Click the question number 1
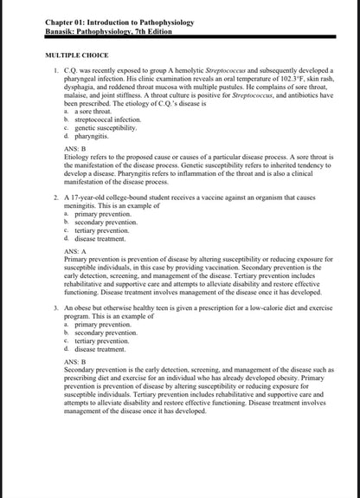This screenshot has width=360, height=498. [56, 69]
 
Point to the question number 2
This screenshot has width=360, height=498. [56, 197]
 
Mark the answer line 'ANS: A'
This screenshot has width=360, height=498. [76, 250]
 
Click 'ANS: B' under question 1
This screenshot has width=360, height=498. [76, 148]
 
